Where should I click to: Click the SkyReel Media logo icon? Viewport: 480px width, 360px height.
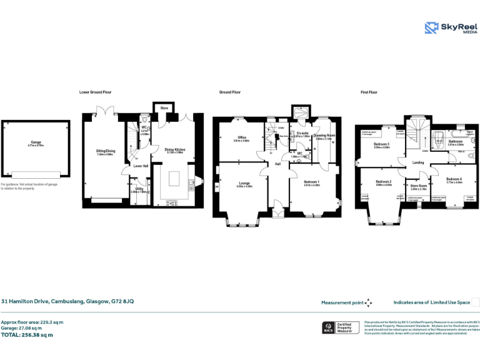click(x=431, y=27)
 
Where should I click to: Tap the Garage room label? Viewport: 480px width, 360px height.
click(x=35, y=142)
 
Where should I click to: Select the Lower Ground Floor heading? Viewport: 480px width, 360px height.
click(x=96, y=92)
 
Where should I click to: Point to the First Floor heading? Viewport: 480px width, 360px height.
click(x=369, y=92)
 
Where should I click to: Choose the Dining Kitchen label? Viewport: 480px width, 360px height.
click(x=174, y=150)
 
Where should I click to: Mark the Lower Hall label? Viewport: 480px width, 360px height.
click(x=141, y=166)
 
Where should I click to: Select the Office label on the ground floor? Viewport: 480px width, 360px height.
click(x=241, y=138)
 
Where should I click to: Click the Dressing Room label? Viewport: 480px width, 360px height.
click(x=324, y=135)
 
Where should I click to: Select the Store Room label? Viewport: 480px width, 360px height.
click(x=418, y=186)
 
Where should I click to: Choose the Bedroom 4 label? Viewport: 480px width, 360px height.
click(x=454, y=179)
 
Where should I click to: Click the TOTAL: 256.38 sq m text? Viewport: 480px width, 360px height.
click(x=27, y=335)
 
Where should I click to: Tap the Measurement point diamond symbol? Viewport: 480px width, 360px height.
click(x=368, y=302)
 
